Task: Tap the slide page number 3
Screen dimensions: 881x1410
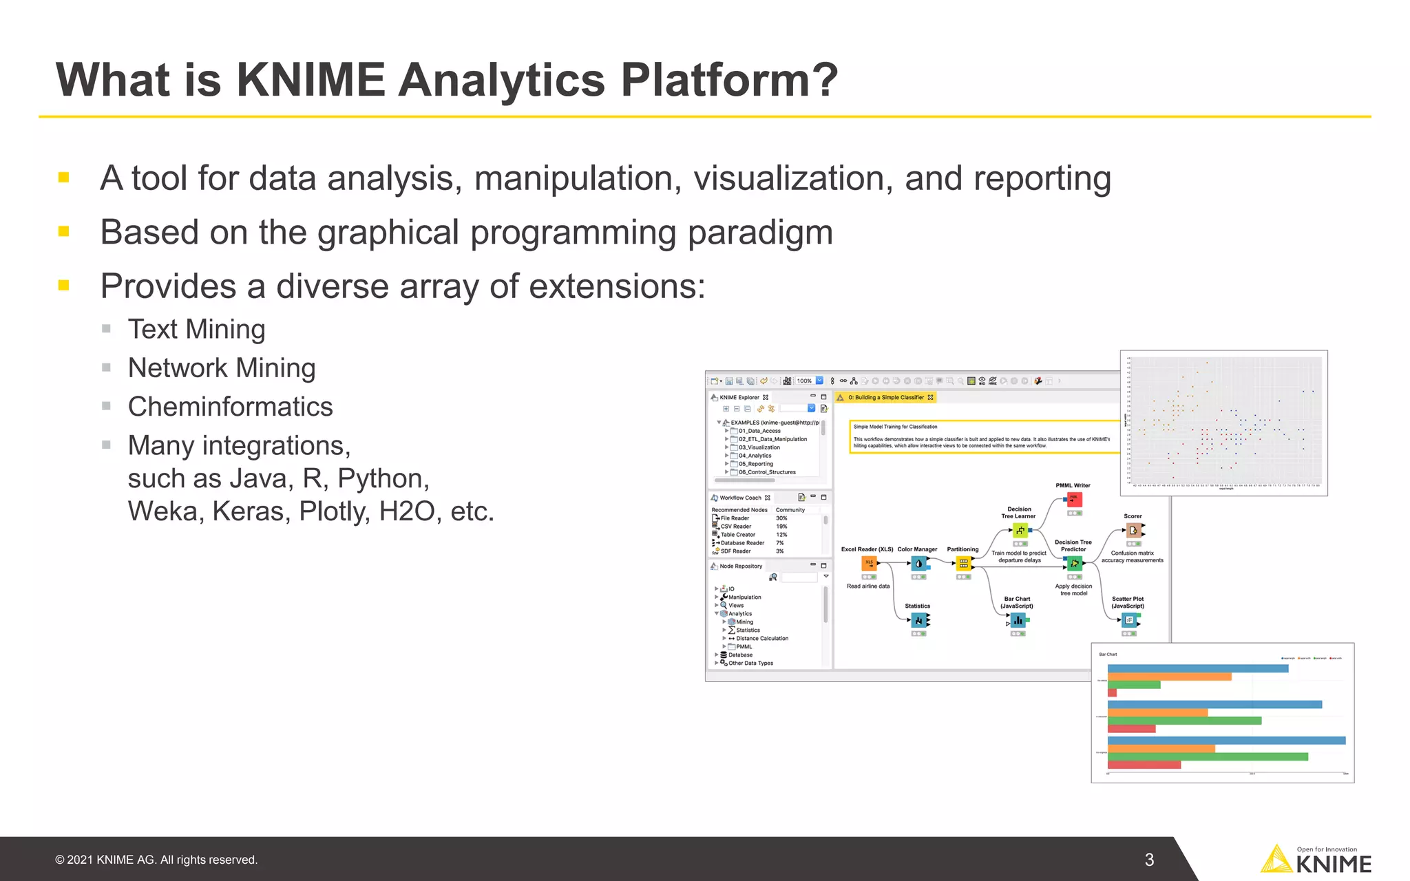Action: (x=1149, y=860)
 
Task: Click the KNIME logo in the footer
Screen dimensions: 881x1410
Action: (x=1316, y=860)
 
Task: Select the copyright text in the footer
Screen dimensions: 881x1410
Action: (x=156, y=860)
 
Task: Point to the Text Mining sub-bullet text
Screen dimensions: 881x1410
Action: (x=196, y=329)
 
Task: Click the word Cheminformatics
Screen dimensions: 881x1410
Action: (x=230, y=407)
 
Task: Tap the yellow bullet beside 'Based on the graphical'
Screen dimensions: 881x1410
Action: (x=64, y=232)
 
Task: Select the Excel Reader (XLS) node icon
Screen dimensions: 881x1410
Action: (x=869, y=563)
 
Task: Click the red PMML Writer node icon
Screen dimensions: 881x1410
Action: (x=1074, y=500)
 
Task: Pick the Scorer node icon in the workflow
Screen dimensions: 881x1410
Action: (x=1133, y=530)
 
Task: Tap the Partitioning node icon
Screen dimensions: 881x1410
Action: (x=963, y=564)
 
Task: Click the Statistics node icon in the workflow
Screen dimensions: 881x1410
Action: (x=918, y=621)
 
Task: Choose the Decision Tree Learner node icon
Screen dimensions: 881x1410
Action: (x=1020, y=531)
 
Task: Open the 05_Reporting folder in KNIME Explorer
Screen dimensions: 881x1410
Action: (x=755, y=464)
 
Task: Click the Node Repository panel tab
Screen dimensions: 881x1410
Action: (x=740, y=566)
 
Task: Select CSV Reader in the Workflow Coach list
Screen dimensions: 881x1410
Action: (x=735, y=527)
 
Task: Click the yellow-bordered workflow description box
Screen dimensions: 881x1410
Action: (x=984, y=437)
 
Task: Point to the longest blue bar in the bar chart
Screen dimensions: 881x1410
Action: (x=1226, y=741)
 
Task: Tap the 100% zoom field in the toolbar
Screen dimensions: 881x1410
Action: (x=804, y=381)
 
